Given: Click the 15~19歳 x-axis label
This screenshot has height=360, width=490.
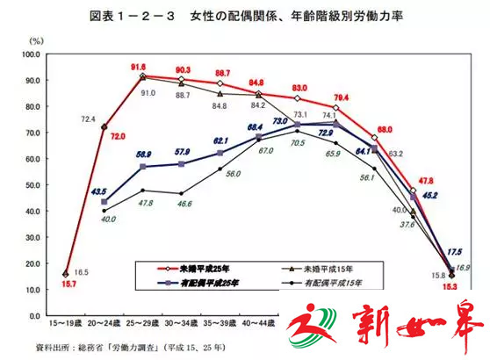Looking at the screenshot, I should click(x=66, y=325).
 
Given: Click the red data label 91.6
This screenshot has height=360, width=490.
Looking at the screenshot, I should click(x=139, y=67).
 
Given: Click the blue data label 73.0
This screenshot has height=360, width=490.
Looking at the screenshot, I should click(x=281, y=120).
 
